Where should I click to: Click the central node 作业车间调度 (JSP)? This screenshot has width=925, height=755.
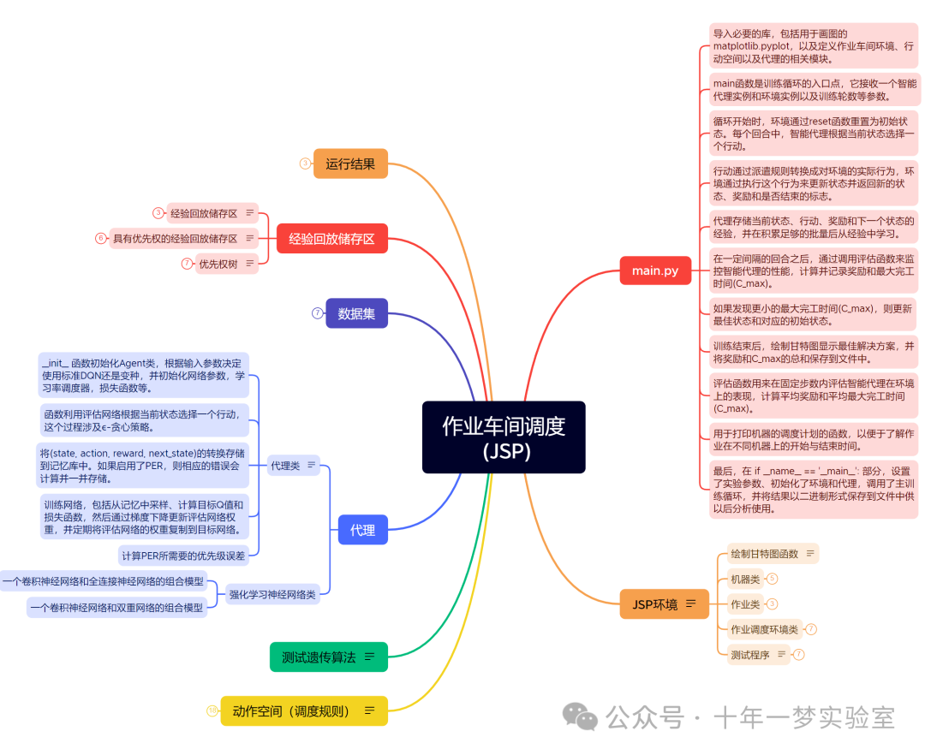(504, 437)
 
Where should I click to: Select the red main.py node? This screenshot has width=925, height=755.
(655, 270)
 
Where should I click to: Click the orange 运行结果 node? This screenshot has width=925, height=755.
(350, 163)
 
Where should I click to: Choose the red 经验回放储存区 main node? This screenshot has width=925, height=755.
(331, 239)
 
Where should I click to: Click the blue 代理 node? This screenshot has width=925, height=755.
(362, 530)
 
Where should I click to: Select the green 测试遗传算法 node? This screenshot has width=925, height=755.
(328, 657)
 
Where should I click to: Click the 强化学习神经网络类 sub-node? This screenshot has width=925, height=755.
(272, 593)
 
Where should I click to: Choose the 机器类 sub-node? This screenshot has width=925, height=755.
(744, 579)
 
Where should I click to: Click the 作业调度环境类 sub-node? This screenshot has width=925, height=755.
(764, 629)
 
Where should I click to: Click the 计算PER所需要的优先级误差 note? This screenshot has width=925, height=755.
(183, 556)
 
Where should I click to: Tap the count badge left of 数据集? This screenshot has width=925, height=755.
(317, 313)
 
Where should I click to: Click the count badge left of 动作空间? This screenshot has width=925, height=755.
(212, 710)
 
